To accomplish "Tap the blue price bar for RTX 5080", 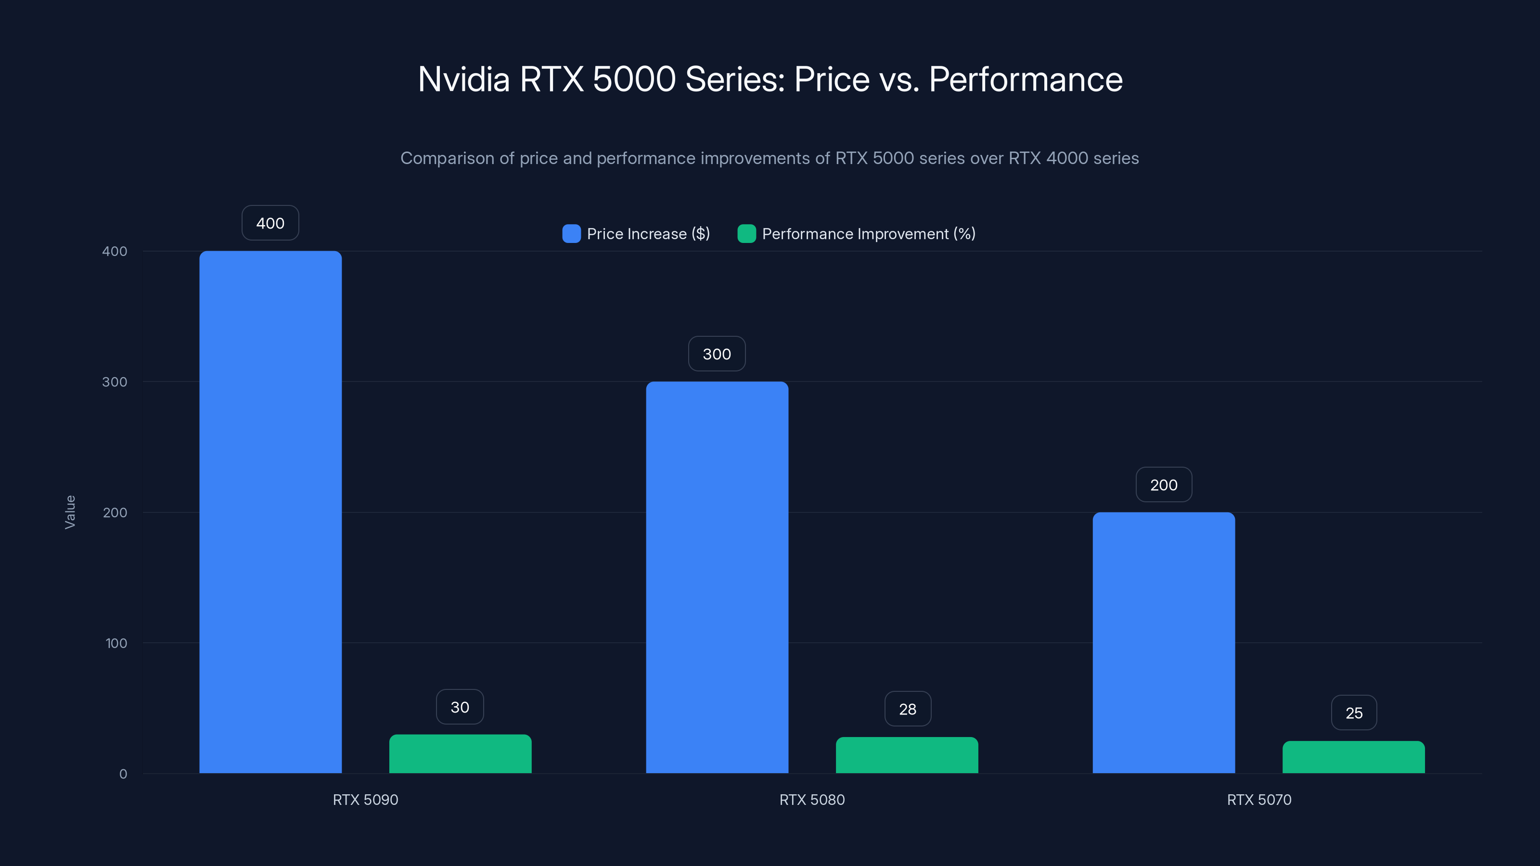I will click(717, 577).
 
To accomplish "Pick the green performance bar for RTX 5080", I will click(906, 755).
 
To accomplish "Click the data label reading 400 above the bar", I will click(270, 223).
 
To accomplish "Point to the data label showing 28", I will click(908, 709).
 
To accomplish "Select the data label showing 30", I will click(460, 707).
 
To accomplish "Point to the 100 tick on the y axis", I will click(116, 643).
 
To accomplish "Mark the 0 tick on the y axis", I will click(123, 774).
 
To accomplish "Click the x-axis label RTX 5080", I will click(812, 800).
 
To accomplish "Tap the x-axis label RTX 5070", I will click(1259, 800).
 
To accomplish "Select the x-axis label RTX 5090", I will click(365, 800).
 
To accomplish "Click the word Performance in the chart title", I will click(1025, 79).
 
